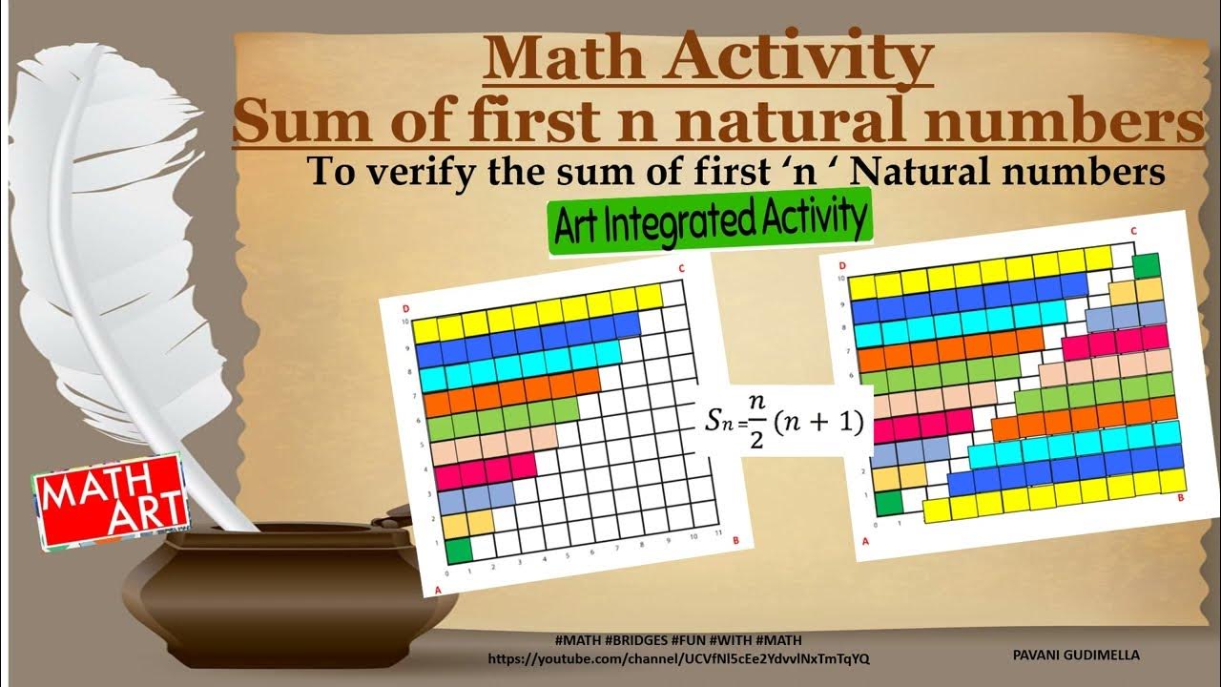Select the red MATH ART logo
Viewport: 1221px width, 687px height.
tap(110, 501)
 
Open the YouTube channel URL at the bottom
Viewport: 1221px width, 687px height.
tap(678, 658)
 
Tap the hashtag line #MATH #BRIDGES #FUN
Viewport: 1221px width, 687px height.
tap(677, 639)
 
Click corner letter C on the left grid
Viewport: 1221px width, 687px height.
tap(682, 268)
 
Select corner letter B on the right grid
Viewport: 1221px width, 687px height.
tap(1182, 497)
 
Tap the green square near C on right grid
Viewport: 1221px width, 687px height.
tap(1145, 266)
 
